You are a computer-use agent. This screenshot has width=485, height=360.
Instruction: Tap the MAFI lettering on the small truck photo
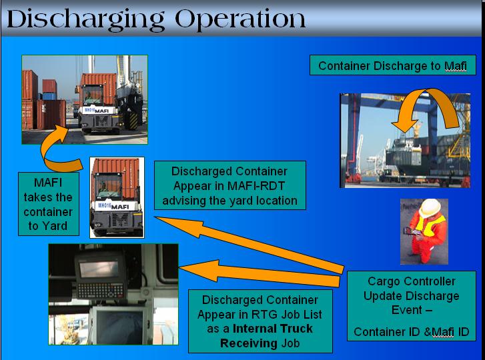(x=119, y=206)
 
